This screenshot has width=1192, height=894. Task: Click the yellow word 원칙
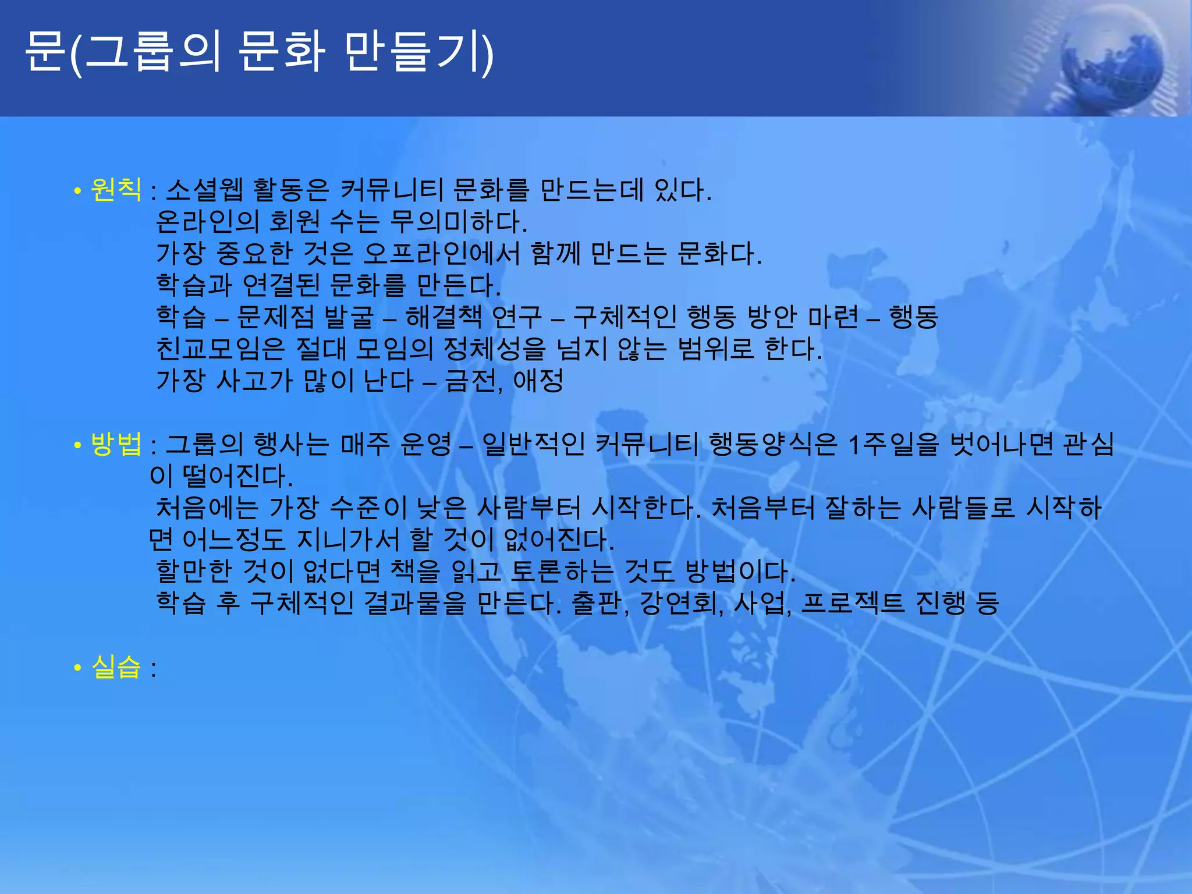(116, 189)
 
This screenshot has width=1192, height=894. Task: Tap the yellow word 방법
(116, 444)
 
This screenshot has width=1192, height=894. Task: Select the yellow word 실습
(116, 667)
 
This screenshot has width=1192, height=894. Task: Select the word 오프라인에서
(441, 253)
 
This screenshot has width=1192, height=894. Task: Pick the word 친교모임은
(220, 349)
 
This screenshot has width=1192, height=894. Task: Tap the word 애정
(538, 381)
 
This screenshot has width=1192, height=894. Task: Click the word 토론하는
(562, 571)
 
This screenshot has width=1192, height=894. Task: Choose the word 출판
(598, 603)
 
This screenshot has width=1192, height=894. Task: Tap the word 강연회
(679, 603)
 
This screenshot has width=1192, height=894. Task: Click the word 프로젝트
(853, 603)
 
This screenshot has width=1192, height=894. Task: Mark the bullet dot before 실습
(77, 668)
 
